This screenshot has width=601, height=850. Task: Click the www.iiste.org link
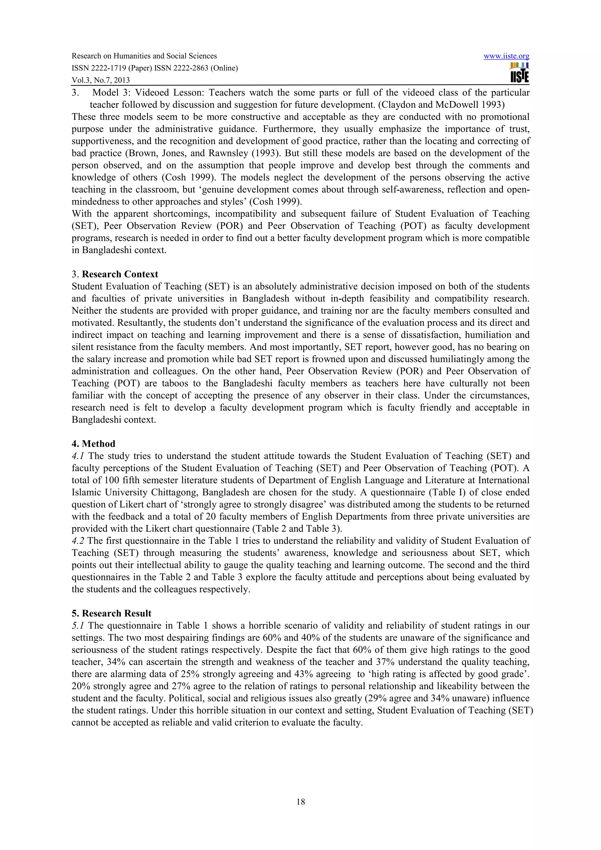506,56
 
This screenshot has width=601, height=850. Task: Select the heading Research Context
120,274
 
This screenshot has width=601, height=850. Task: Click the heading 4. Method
93,443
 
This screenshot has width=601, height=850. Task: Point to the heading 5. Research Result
112,613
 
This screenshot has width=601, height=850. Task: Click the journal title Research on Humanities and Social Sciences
144,56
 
